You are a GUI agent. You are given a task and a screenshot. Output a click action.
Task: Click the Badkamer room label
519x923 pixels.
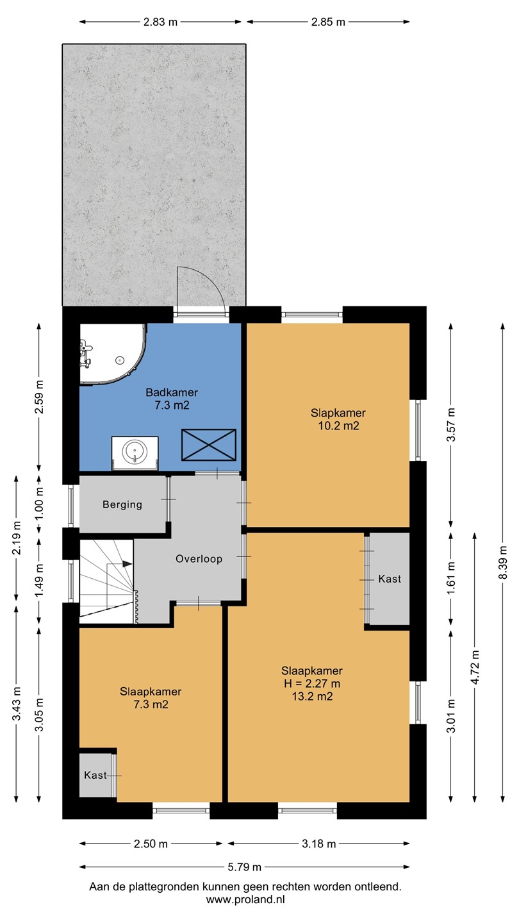[172, 392]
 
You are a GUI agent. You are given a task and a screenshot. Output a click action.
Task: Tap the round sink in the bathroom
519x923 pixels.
[135, 452]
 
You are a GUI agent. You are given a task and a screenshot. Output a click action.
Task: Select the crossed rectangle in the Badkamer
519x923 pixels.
[209, 445]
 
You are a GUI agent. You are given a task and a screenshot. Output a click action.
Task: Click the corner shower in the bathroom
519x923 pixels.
[113, 354]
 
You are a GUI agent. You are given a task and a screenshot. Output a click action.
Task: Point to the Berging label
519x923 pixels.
[122, 504]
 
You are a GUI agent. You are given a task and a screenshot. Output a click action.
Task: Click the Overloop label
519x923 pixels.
[199, 559]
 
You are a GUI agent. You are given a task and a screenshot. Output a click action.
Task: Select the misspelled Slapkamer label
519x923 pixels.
[338, 413]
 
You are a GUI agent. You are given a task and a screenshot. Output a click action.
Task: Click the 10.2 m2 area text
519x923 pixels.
[338, 426]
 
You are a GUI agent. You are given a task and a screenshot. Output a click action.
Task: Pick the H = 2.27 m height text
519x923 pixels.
[312, 683]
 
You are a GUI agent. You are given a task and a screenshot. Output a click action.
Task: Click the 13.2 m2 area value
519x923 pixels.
[312, 696]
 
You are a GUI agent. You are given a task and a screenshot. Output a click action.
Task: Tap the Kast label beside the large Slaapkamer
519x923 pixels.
[390, 579]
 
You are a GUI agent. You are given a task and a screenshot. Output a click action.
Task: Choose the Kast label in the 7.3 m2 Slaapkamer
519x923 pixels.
[95, 775]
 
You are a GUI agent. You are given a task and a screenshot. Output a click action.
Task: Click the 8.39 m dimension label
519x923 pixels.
[502, 563]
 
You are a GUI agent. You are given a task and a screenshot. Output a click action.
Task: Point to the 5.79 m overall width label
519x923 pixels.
[245, 867]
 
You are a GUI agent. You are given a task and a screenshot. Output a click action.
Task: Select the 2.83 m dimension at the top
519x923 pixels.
[160, 22]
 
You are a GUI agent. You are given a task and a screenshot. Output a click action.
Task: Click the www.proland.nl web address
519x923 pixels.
[245, 899]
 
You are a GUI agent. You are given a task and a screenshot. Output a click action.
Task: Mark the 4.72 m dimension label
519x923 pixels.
[475, 667]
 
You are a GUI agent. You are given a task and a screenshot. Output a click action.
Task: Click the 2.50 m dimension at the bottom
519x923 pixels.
[151, 844]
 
